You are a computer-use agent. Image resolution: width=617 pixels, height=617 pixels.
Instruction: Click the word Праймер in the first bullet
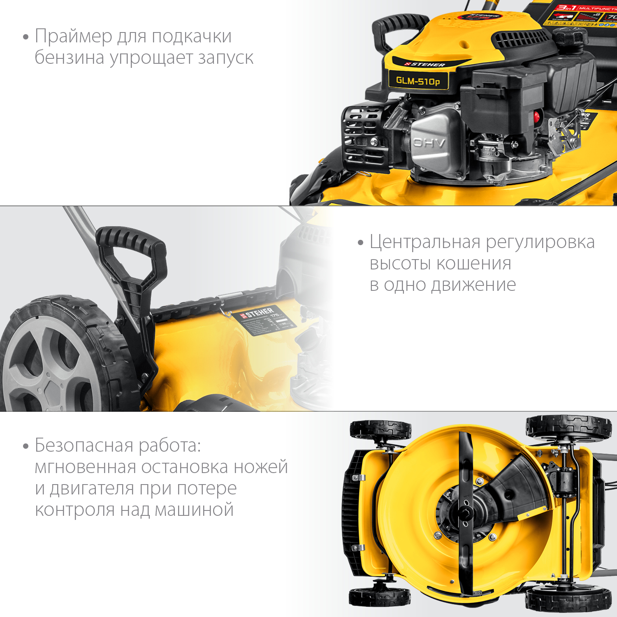coord(73,36)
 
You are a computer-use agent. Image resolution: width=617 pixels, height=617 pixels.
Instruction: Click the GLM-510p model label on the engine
coord(418,81)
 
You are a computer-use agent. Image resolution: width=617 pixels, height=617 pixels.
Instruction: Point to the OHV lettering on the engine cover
coord(429,143)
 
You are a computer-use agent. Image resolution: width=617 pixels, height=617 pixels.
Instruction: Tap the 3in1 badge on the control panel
coord(565,8)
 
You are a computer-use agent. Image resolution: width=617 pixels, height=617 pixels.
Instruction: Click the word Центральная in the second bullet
coord(425,242)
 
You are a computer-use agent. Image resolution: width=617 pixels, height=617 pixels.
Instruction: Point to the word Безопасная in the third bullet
coord(84,445)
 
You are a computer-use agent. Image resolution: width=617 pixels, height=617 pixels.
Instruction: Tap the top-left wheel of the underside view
coord(380,429)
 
